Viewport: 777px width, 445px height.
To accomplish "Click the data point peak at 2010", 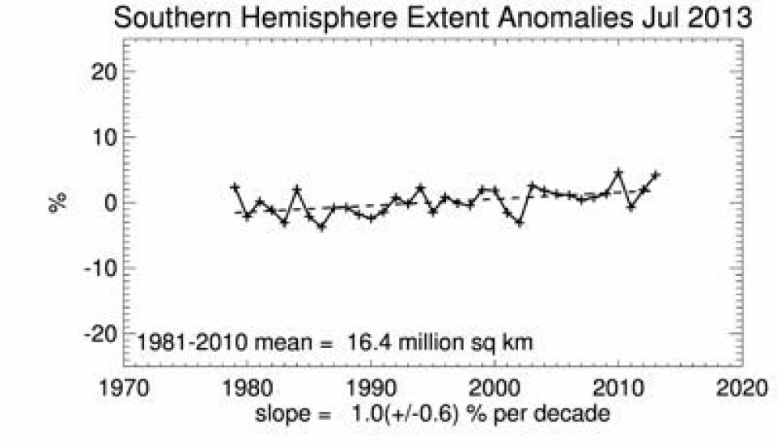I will (x=619, y=172).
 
